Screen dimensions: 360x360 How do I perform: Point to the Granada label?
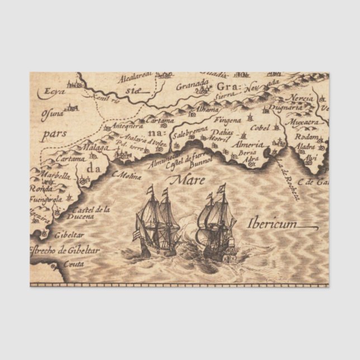point(192,87)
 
